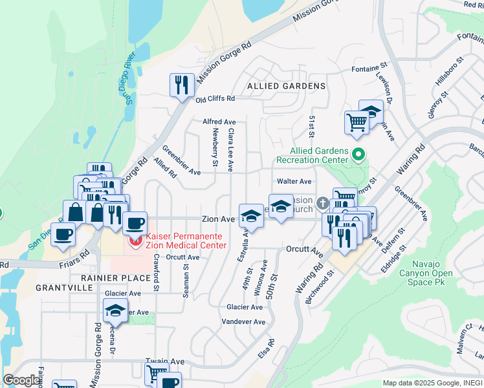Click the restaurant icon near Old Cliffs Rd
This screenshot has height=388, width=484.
click(182, 85)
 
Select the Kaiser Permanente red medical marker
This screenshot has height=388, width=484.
click(136, 241)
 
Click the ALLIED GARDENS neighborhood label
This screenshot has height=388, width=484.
click(287, 86)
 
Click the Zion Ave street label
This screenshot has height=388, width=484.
click(217, 219)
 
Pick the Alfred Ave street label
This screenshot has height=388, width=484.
click(219, 122)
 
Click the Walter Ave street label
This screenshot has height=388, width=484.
click(294, 182)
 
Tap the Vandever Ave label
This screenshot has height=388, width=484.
click(243, 321)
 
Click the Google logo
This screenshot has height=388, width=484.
click(21, 380)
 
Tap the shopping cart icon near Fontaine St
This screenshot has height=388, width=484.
click(357, 122)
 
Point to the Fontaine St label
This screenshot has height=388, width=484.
click(369, 68)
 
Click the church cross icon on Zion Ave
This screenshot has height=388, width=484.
click(322, 208)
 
